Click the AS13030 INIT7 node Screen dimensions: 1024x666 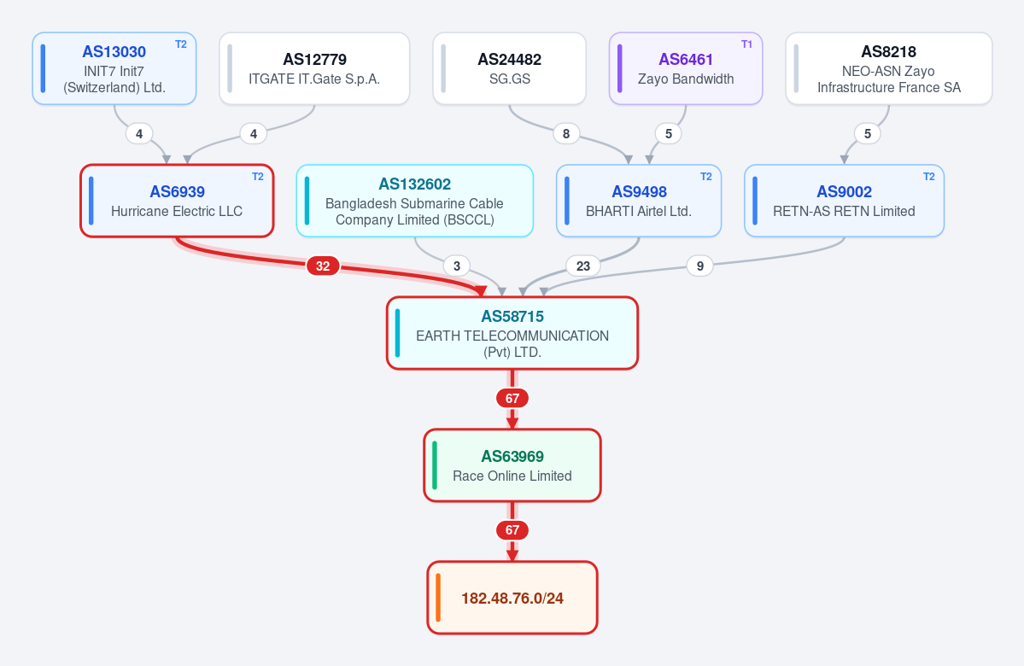114,68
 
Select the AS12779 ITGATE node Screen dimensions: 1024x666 314,68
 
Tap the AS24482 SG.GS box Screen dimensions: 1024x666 509,68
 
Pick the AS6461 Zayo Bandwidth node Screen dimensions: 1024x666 686,68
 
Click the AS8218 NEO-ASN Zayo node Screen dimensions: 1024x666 889,68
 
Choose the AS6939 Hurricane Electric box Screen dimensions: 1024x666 177,201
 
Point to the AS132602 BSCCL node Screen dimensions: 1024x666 415,201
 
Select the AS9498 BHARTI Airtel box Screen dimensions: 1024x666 639,201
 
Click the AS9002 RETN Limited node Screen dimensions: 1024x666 845,201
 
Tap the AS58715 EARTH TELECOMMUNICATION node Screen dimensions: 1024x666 512,333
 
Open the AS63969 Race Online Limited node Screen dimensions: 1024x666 512,465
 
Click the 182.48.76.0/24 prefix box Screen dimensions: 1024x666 512,598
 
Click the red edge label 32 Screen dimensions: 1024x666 323,266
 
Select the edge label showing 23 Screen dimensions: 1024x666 583,266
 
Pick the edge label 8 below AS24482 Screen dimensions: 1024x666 566,134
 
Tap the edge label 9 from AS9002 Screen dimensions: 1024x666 700,266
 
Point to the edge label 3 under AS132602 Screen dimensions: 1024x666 457,266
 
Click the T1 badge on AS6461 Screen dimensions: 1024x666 746,44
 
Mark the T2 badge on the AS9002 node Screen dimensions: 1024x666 928,176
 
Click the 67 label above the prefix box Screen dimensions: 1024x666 512,530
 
